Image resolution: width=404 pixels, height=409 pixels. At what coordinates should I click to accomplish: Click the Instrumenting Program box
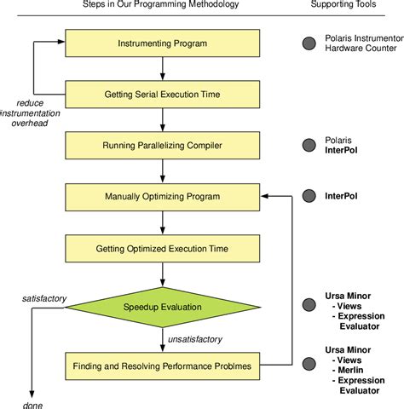pyautogui.click(x=161, y=42)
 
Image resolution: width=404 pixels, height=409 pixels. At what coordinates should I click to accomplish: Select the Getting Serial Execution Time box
pyautogui.click(x=161, y=93)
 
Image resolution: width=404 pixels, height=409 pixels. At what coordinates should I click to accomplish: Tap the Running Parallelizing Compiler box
pyautogui.click(x=161, y=145)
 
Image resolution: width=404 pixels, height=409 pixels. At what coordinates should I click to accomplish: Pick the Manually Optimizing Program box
pyautogui.click(x=161, y=197)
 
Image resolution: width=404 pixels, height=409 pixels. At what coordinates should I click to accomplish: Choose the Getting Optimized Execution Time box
pyautogui.click(x=161, y=249)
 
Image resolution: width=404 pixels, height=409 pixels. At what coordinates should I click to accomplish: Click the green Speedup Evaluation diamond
pyautogui.click(x=161, y=307)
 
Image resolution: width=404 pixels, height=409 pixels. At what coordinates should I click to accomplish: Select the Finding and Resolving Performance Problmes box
pyautogui.click(x=161, y=367)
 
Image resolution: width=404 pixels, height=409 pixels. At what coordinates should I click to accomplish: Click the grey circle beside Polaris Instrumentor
pyautogui.click(x=309, y=42)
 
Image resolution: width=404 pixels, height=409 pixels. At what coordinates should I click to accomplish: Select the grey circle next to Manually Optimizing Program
pyautogui.click(x=309, y=196)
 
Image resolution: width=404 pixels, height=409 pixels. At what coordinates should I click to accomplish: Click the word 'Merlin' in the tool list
pyautogui.click(x=349, y=370)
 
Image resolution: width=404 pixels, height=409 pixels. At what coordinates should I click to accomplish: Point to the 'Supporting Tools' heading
pyautogui.click(x=345, y=6)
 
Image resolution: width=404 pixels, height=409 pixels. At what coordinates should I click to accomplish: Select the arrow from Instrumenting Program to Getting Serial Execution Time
pyautogui.click(x=161, y=67)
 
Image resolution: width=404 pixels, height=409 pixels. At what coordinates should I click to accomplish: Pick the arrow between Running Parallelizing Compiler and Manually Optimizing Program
pyautogui.click(x=161, y=170)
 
